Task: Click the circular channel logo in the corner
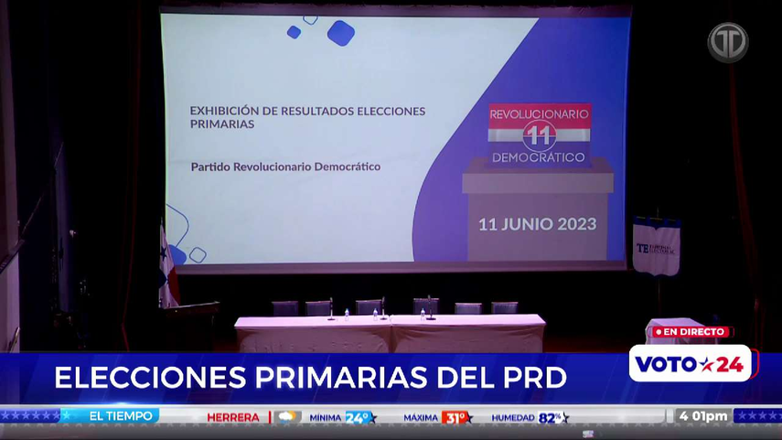[727, 42]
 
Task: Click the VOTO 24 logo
[690, 364]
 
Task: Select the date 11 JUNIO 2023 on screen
[537, 224]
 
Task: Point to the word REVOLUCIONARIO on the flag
[539, 114]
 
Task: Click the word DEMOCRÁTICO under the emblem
[539, 157]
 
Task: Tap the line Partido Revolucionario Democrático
[285, 167]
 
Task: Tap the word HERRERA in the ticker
[233, 417]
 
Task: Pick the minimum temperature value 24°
[359, 417]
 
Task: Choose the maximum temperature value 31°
[455, 417]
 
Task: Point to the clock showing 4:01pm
[703, 416]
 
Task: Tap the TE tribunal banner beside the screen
[657, 247]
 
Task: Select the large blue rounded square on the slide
[340, 33]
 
